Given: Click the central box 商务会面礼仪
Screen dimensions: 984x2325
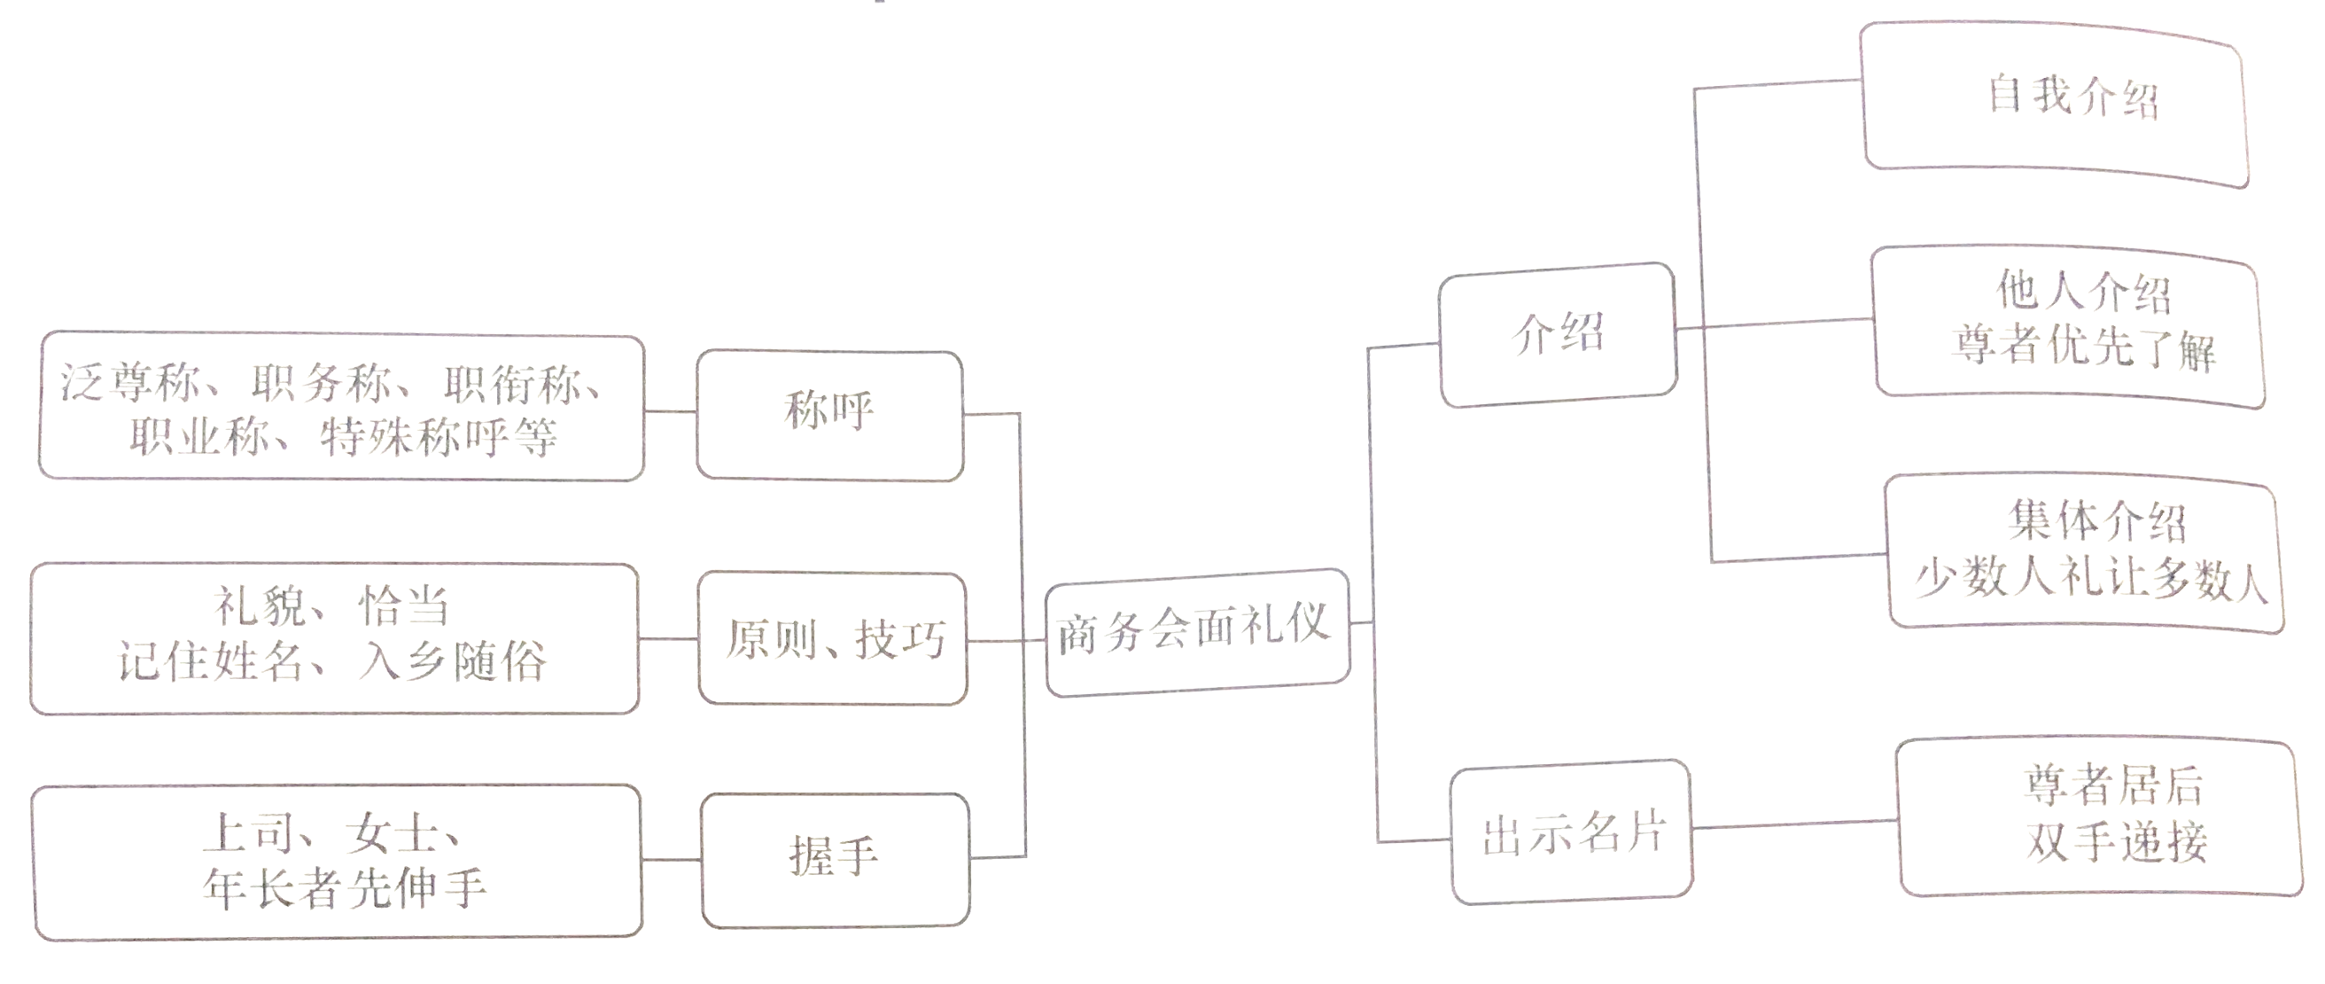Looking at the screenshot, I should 1196,631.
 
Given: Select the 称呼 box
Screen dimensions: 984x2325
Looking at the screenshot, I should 829,414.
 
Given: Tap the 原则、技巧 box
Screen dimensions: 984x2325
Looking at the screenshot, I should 833,639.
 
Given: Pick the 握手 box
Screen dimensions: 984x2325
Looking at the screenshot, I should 835,857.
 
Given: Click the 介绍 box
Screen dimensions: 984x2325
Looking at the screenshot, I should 1558,334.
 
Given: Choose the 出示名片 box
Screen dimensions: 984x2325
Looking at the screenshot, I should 1571,833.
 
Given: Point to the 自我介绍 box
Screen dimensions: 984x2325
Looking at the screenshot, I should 2072,98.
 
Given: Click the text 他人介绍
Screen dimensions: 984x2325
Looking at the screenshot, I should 2083,291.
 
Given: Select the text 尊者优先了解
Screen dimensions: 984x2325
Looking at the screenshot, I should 2083,347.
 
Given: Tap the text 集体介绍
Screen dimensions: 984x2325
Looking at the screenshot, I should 2096,522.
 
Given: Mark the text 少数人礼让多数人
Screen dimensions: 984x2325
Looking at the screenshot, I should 2090,578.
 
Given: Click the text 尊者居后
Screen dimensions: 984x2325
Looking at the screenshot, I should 2112,785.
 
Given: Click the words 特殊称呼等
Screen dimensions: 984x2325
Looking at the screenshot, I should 439,438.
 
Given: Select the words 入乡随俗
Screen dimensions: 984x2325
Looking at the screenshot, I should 452,661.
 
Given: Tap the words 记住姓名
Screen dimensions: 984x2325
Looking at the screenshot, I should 209,661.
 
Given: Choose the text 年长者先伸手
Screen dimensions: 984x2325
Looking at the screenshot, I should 345,888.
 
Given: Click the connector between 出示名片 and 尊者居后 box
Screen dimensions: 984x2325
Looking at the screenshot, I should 1794,824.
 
